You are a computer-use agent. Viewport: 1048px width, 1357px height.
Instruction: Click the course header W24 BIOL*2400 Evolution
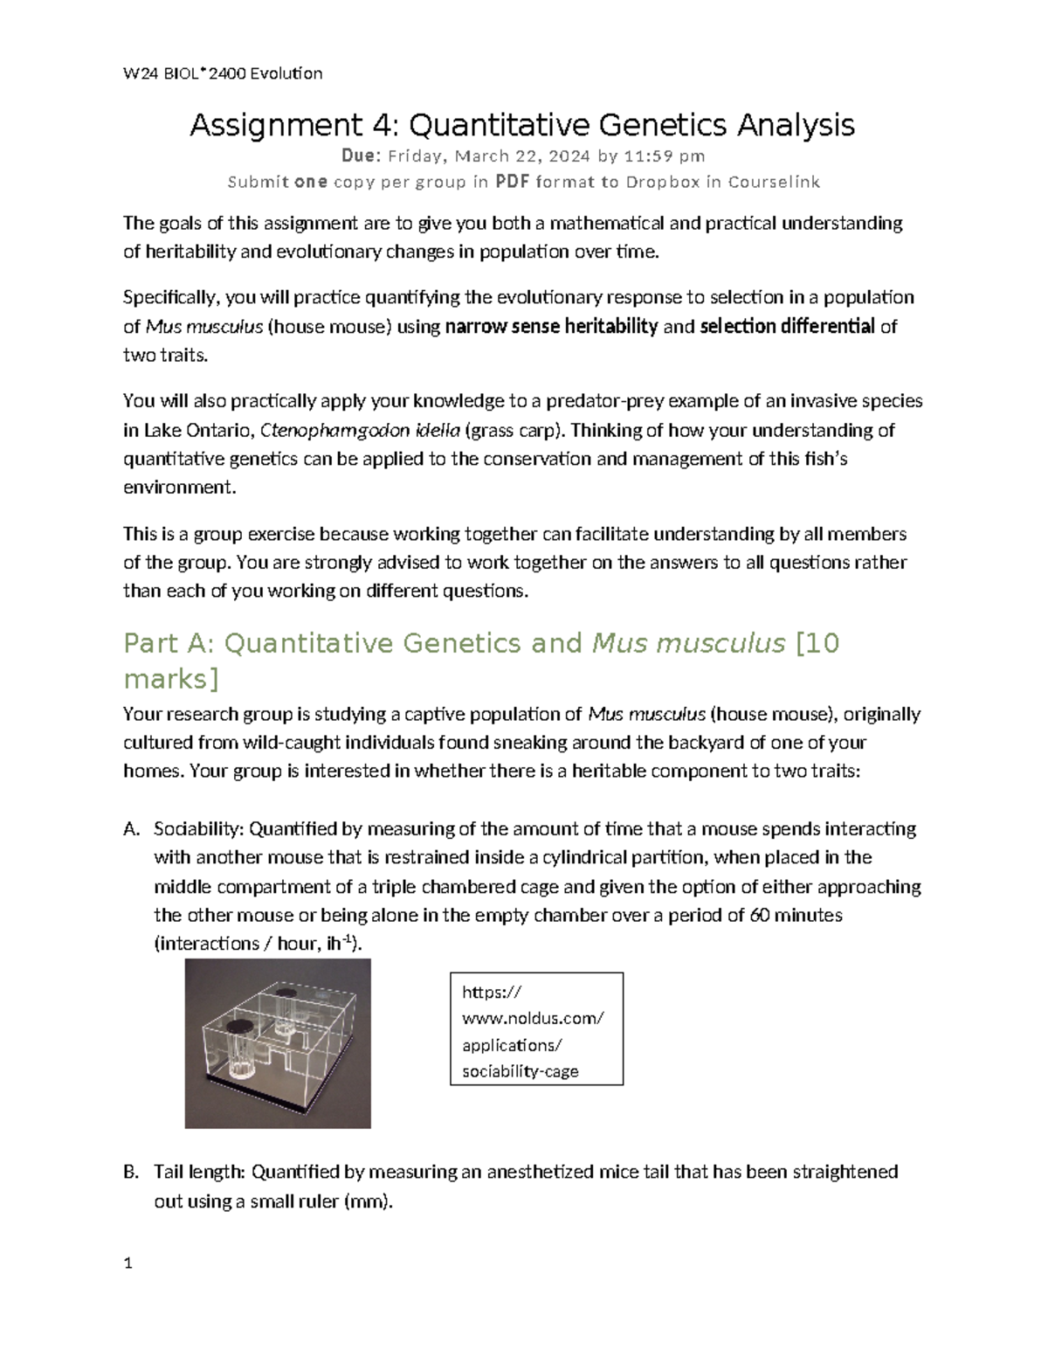pyautogui.click(x=223, y=73)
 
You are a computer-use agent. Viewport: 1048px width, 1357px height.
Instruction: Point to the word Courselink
pyautogui.click(x=774, y=182)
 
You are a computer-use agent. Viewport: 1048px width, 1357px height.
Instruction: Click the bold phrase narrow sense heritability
pyautogui.click(x=551, y=327)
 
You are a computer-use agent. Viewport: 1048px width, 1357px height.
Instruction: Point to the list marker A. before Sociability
pyautogui.click(x=131, y=828)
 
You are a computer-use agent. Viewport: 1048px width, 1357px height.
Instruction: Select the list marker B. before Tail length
pyautogui.click(x=131, y=1172)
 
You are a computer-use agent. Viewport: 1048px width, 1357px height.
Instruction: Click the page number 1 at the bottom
pyautogui.click(x=128, y=1263)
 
